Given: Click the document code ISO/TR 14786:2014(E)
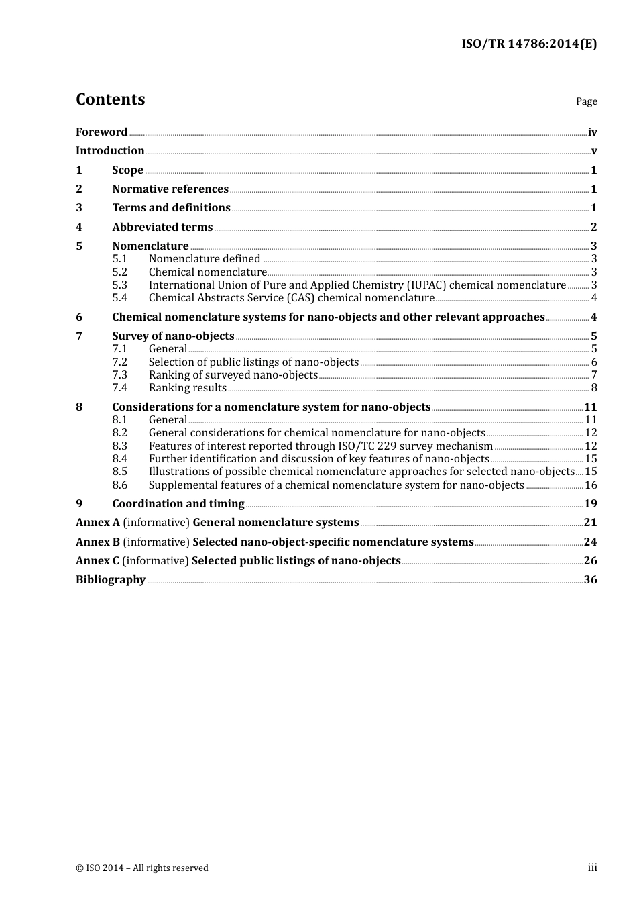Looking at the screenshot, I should [528, 44].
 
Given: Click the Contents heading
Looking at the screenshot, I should [110, 99].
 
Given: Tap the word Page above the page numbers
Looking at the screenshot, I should [586, 101].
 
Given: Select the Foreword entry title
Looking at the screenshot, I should [101, 132].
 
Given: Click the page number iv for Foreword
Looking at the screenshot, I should [592, 132].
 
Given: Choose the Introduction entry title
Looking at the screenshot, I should [110, 151].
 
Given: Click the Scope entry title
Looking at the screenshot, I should [127, 170].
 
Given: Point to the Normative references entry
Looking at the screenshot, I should [170, 189].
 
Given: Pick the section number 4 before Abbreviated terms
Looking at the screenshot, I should [79, 228].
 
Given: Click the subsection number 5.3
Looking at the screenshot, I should [119, 285].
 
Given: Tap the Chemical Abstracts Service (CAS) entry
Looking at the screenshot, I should [291, 298].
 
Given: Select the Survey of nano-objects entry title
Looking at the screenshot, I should [173, 336].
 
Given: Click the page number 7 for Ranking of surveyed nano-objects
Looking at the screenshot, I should [593, 375].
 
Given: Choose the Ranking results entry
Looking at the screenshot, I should [187, 388].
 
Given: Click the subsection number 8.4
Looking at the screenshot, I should [119, 459].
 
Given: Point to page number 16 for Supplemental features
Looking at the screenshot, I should [591, 485].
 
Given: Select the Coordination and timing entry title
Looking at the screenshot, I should [178, 504].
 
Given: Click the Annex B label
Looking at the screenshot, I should [98, 542].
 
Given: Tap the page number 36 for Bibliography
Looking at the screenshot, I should [590, 580].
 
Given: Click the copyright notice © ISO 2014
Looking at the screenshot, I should [141, 868].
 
